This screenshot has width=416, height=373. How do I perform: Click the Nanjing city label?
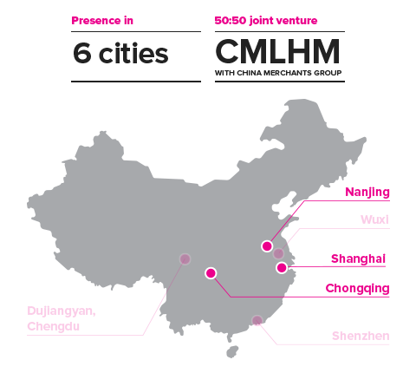(367, 192)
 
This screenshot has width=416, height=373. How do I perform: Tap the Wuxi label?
(374, 219)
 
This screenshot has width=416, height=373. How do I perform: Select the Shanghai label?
(358, 258)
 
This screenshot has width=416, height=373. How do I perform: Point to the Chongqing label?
(357, 289)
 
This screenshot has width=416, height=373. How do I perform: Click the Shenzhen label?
(361, 336)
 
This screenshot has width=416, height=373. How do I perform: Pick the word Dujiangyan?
(62, 311)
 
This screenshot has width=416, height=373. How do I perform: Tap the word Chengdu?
(53, 326)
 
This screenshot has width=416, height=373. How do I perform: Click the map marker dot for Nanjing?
(267, 246)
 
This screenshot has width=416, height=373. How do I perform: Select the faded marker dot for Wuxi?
(278, 253)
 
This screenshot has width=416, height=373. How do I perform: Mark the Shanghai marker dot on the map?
(282, 267)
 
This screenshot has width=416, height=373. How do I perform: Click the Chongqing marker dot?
(211, 273)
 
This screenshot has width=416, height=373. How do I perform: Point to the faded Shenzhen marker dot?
(257, 320)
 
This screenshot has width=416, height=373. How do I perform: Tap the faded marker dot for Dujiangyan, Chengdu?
(185, 259)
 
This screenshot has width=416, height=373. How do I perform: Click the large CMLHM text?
(277, 51)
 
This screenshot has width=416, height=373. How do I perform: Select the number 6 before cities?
(82, 53)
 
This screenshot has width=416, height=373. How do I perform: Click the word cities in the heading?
(133, 53)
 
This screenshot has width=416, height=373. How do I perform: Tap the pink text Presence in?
(102, 21)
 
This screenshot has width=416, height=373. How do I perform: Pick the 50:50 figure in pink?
(231, 21)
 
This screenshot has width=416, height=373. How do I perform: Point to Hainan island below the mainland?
(232, 351)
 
